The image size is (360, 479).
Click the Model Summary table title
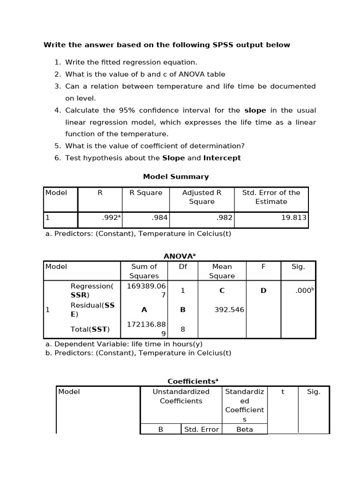(x=176, y=176)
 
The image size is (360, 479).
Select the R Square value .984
(x=160, y=218)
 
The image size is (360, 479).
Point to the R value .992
(x=110, y=218)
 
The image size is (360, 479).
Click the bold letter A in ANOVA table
(x=144, y=310)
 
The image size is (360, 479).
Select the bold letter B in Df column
(x=183, y=310)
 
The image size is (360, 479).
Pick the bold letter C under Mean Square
(x=222, y=290)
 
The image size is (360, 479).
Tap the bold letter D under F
(x=263, y=290)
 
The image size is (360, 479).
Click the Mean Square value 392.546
(x=229, y=310)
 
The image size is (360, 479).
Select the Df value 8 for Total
(x=183, y=329)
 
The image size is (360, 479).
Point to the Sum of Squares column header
(x=144, y=271)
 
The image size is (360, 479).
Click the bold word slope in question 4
(x=255, y=110)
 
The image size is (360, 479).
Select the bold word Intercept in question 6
(x=222, y=158)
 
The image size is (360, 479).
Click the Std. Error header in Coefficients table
(x=201, y=429)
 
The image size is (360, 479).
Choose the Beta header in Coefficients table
(x=244, y=429)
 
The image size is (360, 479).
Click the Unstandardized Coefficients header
(x=181, y=396)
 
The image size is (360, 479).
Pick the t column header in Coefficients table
(x=283, y=392)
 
